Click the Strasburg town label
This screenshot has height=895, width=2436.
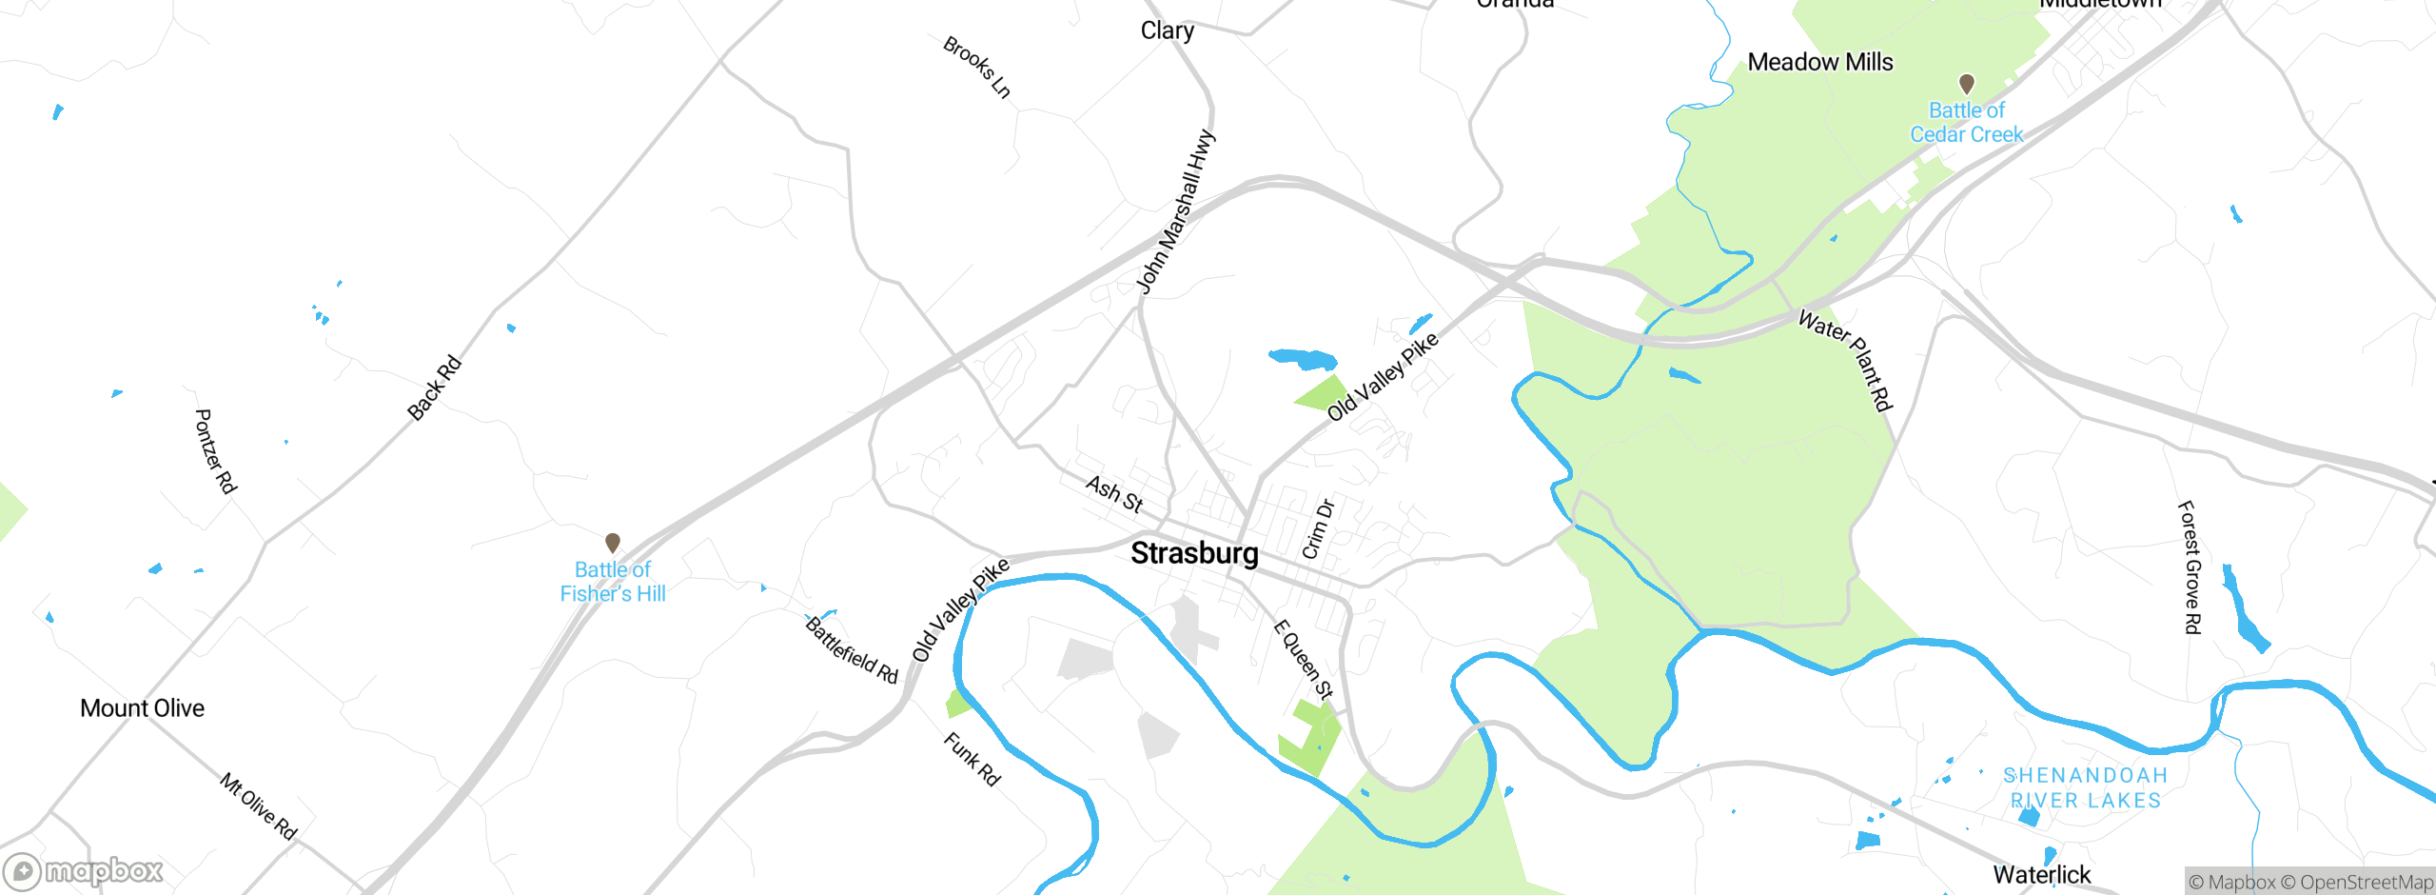point(1194,553)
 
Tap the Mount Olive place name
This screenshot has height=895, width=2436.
point(142,708)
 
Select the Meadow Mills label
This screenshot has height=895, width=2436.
point(1820,63)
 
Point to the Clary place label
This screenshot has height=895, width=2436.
point(1167,30)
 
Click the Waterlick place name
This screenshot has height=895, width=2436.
point(2041,874)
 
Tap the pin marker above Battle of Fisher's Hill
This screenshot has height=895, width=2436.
point(613,543)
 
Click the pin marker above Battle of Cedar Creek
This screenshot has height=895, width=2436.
point(1966,84)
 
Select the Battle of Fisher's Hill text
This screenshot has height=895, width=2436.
point(613,582)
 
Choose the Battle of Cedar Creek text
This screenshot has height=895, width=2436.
point(1966,123)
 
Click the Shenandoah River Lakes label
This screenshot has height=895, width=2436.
point(2086,788)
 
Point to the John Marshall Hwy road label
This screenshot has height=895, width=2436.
point(1176,212)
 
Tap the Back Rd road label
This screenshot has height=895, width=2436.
point(434,388)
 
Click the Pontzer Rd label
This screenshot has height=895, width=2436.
point(215,451)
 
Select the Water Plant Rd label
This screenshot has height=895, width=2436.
point(1845,360)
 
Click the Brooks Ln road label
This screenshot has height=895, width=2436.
point(976,67)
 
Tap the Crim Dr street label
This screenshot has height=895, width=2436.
point(1318,529)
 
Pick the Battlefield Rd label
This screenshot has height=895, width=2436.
point(852,650)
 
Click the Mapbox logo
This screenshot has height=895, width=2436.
point(84,871)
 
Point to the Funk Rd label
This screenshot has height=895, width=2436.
point(972,759)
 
